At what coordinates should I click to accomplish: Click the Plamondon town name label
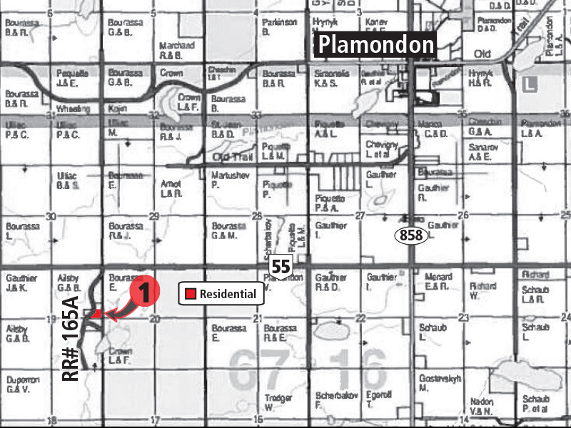pos(376,46)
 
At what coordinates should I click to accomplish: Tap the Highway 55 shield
pos(279,267)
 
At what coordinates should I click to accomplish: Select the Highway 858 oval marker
pos(412,236)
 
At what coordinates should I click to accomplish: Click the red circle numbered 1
pos(143,291)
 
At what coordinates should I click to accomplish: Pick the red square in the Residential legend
pos(191,294)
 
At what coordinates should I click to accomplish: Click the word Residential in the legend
pos(228,294)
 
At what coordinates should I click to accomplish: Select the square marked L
pos(528,83)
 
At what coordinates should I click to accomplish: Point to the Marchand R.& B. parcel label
pos(177,49)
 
